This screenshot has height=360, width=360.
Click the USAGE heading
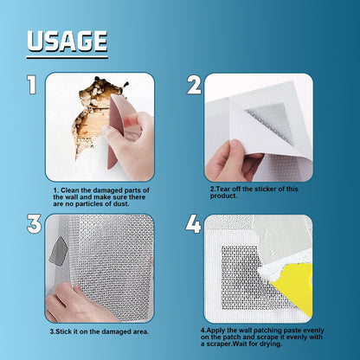(x=67, y=41)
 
